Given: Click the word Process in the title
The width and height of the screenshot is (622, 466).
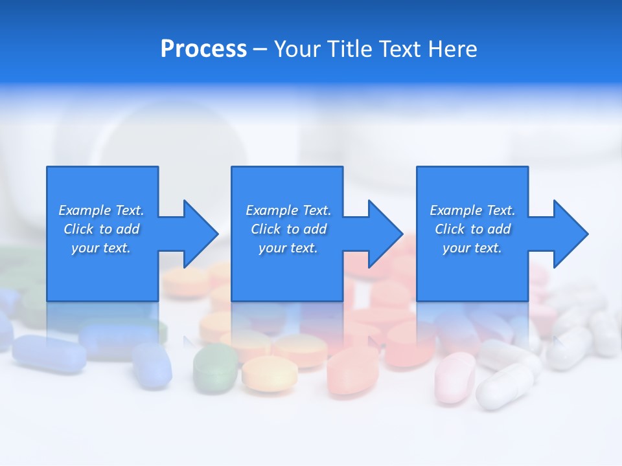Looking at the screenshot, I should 203,49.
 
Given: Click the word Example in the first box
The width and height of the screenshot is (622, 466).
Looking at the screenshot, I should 85,210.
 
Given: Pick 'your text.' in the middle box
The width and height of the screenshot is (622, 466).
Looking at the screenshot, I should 288,248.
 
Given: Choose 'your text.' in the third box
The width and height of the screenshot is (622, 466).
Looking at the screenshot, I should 472,248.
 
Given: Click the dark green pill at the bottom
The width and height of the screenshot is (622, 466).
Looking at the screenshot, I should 215,368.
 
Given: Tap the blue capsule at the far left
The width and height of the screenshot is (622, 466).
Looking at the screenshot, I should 49,353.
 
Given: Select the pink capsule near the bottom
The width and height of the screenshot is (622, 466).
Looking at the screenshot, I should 455,377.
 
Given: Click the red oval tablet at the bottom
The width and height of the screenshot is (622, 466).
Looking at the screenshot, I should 352,370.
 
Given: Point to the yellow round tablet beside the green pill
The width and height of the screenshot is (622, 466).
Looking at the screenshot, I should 270,373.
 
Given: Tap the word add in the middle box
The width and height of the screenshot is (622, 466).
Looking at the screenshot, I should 315,229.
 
